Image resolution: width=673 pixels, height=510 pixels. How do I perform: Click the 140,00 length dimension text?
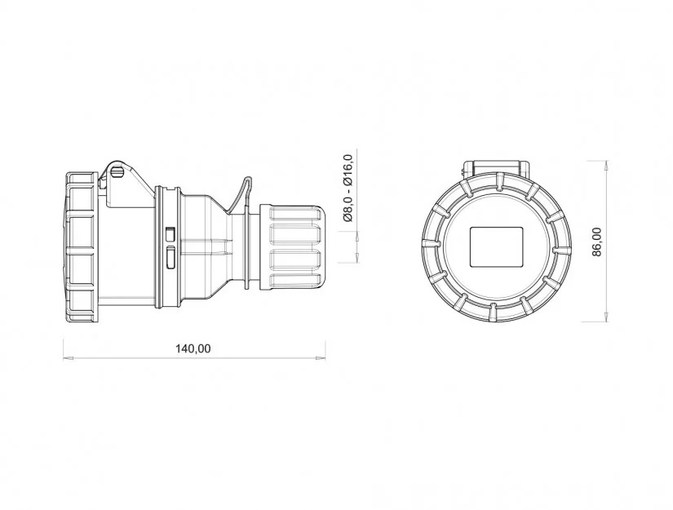tap(193, 348)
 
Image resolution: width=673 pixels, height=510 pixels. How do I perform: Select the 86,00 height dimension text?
tap(597, 242)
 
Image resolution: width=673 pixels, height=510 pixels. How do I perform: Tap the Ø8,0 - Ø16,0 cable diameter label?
tap(348, 188)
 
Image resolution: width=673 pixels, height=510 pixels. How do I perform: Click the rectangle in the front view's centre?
tap(497, 247)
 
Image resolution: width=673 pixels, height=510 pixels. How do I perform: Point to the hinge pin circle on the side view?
tap(117, 172)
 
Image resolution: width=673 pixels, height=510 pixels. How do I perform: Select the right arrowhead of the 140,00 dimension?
tap(321, 357)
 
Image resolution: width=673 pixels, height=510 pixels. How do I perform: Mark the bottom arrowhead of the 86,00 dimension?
tap(605, 317)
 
